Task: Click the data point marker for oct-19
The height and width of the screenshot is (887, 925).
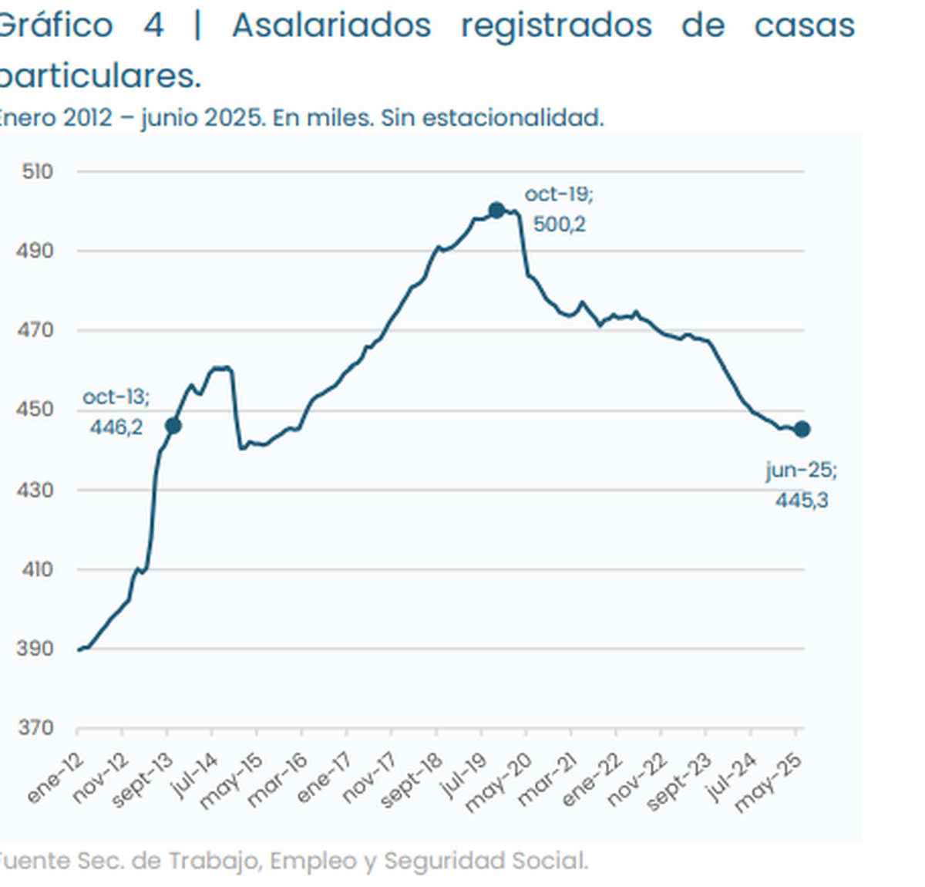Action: (496, 210)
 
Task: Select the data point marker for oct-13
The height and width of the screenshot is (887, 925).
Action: (173, 426)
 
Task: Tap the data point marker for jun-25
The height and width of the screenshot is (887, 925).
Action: (802, 430)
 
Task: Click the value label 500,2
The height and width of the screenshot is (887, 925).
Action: (559, 224)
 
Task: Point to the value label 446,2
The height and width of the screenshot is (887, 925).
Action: (116, 427)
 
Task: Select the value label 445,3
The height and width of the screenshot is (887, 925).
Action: (802, 501)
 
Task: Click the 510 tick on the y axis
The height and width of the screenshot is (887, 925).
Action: (38, 171)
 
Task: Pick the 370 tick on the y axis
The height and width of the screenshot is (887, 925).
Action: (36, 728)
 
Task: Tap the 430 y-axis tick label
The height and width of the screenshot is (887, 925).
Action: (36, 490)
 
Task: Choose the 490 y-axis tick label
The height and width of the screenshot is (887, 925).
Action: (36, 251)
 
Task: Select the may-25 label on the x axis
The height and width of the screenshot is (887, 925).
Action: (769, 782)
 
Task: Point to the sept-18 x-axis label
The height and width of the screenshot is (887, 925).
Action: (412, 781)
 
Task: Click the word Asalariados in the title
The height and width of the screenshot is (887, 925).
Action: (331, 25)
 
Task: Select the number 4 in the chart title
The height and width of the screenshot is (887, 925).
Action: (153, 25)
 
